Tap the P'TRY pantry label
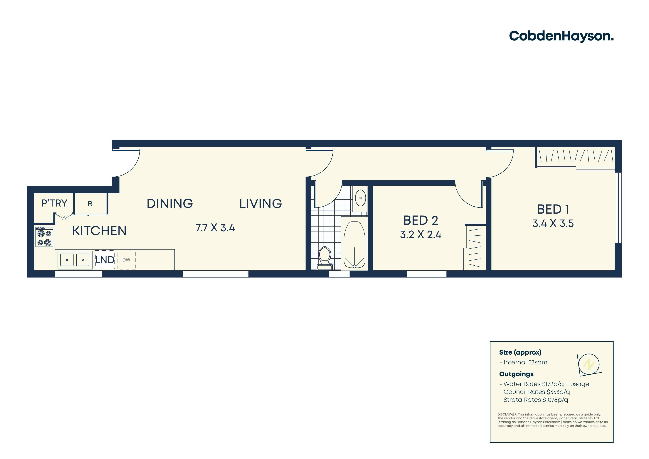[x=54, y=203]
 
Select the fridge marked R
[x=90, y=204]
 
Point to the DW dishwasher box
[x=126, y=260]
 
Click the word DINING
[x=170, y=204]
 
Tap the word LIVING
[x=261, y=204]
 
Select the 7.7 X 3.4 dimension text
[x=215, y=228]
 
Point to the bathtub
[x=354, y=244]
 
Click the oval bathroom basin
[x=360, y=198]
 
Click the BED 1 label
[x=553, y=209]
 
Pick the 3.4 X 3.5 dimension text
[x=553, y=223]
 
